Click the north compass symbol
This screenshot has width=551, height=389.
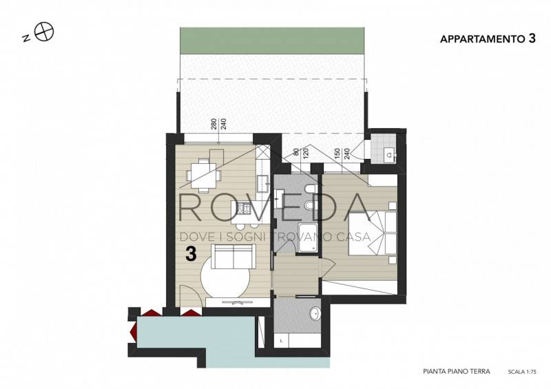pos(44,32)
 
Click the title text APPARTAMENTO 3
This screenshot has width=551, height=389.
pos(488,39)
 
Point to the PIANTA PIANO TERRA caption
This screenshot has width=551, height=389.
pos(457,371)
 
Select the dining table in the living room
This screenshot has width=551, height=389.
pos(203,174)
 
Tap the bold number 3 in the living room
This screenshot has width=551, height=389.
pos(191,254)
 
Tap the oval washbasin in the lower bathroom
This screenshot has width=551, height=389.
pos(315,313)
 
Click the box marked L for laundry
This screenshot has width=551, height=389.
pos(282,341)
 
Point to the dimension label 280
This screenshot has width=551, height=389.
pos(214,125)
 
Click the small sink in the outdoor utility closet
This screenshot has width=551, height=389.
pos(389,154)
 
